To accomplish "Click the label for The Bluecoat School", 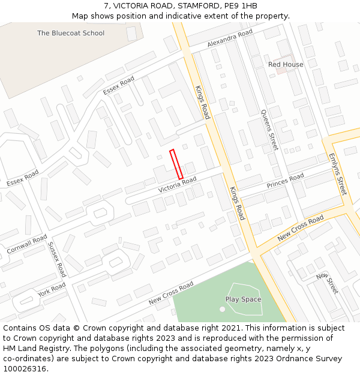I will [x=71, y=33].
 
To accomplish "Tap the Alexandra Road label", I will [x=230, y=40].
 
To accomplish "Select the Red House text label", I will [x=286, y=64].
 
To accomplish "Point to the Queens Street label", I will [x=269, y=130].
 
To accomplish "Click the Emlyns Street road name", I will [x=338, y=175].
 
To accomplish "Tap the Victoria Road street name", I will [x=178, y=185].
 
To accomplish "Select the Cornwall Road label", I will [x=27, y=243].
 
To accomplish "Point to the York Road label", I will [x=52, y=290].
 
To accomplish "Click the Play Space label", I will [x=243, y=299].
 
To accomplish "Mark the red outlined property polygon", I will [x=176, y=164].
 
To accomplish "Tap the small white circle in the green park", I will [x=223, y=309].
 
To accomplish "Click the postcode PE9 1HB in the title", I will [x=242, y=6].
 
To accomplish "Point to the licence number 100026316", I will [x=24, y=368].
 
